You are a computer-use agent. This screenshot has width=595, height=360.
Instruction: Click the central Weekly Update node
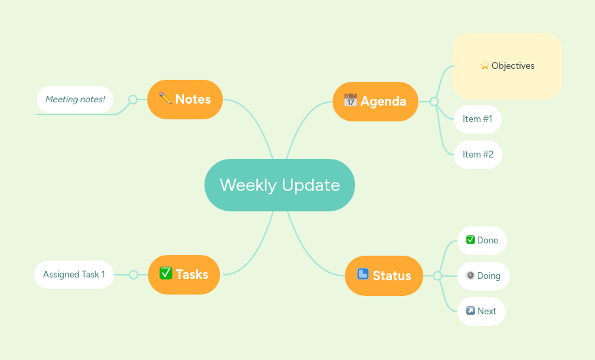tap(279, 185)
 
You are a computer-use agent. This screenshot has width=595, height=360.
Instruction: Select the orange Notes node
tap(185, 100)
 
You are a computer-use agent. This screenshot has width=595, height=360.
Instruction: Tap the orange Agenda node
tap(375, 102)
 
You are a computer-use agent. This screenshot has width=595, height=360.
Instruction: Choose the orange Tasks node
tap(184, 275)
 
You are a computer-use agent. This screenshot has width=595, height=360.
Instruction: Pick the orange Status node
tap(384, 276)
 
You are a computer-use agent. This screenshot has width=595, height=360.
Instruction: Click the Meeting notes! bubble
tap(75, 100)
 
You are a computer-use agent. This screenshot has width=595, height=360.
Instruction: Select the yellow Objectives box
tap(507, 66)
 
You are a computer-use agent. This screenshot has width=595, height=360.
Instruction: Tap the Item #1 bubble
tap(477, 119)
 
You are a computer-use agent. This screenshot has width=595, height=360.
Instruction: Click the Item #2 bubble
tap(478, 155)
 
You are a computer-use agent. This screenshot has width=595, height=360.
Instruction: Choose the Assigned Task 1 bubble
tap(74, 275)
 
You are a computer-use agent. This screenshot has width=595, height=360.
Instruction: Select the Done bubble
tap(482, 241)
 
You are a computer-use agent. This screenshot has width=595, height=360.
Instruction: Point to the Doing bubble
tap(483, 276)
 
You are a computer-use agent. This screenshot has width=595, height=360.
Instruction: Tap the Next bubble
tap(481, 312)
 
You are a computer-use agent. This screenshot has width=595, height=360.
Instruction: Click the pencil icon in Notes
tap(165, 98)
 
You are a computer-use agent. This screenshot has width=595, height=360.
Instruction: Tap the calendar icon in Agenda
tap(350, 100)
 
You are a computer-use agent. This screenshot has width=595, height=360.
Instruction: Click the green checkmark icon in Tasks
tap(166, 273)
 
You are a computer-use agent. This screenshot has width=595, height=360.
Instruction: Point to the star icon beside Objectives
tap(485, 66)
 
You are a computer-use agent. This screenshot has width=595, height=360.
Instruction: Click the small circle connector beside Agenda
tap(434, 102)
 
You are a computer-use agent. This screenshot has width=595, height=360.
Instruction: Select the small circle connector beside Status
tap(438, 276)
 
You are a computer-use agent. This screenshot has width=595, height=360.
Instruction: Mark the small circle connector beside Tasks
tap(134, 275)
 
